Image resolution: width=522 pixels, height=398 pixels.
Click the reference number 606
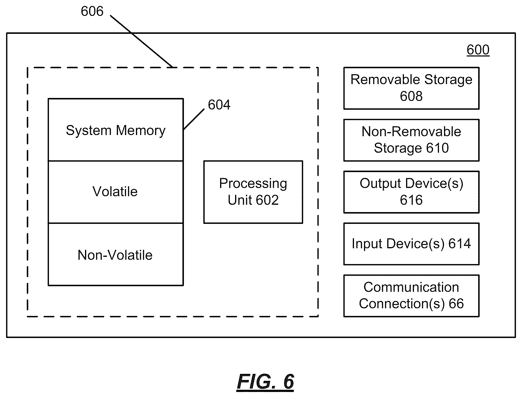click(x=92, y=11)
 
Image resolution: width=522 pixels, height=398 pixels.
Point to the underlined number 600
click(x=478, y=50)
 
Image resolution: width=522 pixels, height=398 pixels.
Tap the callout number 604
click(x=219, y=105)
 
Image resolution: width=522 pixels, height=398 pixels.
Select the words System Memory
click(x=116, y=130)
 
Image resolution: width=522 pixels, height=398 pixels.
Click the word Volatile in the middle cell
click(x=115, y=191)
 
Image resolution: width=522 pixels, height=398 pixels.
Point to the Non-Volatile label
click(x=115, y=255)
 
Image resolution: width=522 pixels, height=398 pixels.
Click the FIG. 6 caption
click(x=265, y=382)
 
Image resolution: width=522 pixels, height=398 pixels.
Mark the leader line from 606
click(x=142, y=41)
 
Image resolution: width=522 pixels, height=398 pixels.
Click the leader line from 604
click(x=194, y=119)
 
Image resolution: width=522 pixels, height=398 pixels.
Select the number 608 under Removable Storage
click(x=411, y=96)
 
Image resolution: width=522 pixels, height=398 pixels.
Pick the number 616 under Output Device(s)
click(x=411, y=200)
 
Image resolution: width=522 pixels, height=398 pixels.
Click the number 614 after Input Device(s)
click(x=460, y=244)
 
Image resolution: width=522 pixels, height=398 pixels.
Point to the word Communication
click(x=411, y=287)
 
